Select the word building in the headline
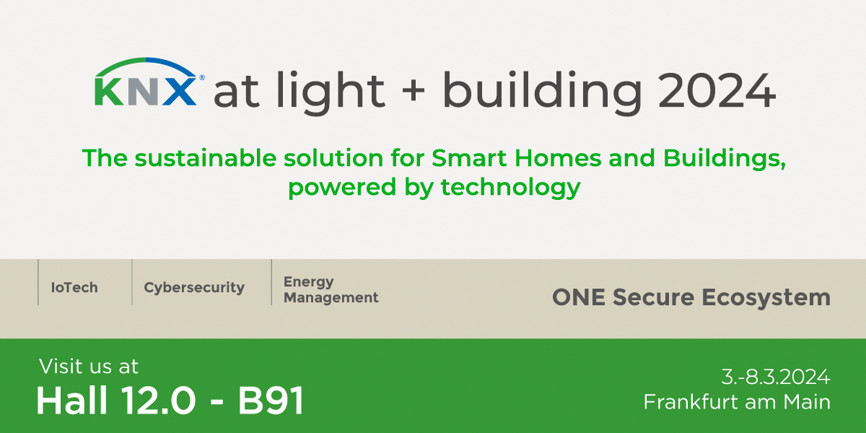(541, 92)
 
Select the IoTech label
(74, 288)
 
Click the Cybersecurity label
(194, 288)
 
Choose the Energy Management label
(331, 289)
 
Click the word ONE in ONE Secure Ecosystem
(575, 297)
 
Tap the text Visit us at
(89, 366)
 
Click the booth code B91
(271, 401)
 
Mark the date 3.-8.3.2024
(776, 377)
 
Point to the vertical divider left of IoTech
(38, 282)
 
